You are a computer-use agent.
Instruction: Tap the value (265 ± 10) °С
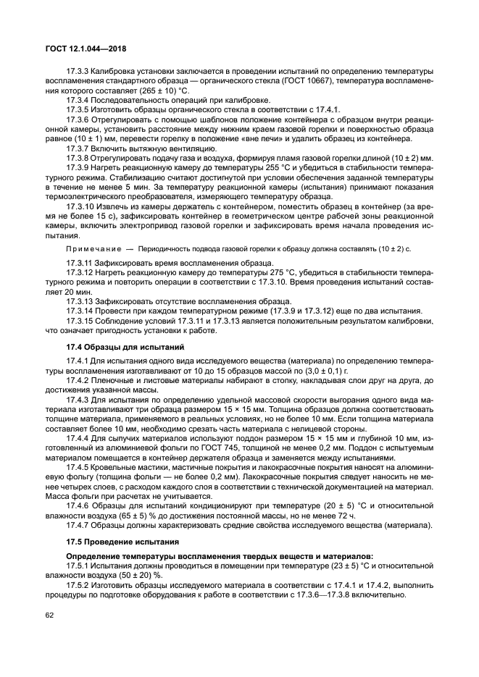tap(155, 91)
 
